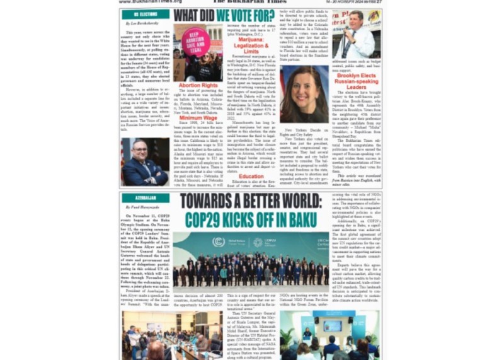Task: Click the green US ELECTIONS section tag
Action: (146, 14)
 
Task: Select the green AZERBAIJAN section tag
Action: (146, 198)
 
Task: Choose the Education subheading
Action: (251, 177)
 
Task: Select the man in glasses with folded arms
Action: (144, 161)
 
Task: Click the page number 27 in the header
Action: (379, 2)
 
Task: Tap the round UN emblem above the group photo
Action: (219, 242)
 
